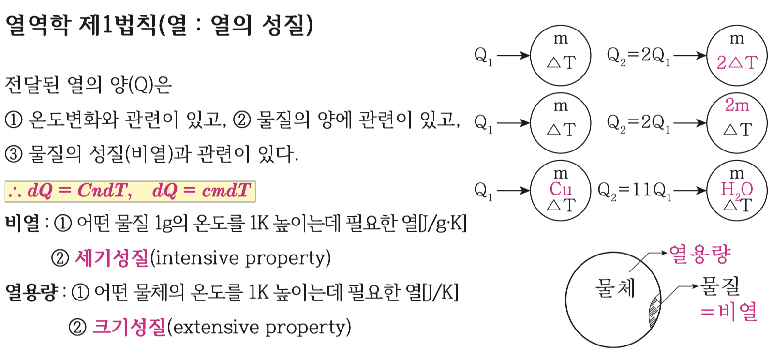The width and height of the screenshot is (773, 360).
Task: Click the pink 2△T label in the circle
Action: pyautogui.click(x=737, y=62)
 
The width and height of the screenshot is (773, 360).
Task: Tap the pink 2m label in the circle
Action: pyautogui.click(x=737, y=105)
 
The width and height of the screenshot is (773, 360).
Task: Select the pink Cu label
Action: pyautogui.click(x=561, y=189)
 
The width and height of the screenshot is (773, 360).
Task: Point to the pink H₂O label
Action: pyautogui.click(x=737, y=189)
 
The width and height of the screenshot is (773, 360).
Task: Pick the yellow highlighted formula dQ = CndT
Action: pyautogui.click(x=80, y=191)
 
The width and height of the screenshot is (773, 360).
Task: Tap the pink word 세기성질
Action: pyautogui.click(x=112, y=258)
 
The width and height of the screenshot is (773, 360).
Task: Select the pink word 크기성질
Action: pyautogui.click(x=129, y=327)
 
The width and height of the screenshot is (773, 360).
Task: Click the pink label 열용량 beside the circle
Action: pyautogui.click(x=699, y=254)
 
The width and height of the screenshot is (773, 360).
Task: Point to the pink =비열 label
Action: pyautogui.click(x=729, y=311)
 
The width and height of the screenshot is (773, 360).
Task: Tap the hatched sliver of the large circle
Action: pyautogui.click(x=654, y=310)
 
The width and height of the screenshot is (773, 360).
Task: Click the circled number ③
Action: pyautogui.click(x=14, y=154)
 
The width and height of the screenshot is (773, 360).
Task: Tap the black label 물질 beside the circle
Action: pyautogui.click(x=720, y=285)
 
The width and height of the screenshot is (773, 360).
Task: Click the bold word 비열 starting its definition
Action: pyautogui.click(x=22, y=224)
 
